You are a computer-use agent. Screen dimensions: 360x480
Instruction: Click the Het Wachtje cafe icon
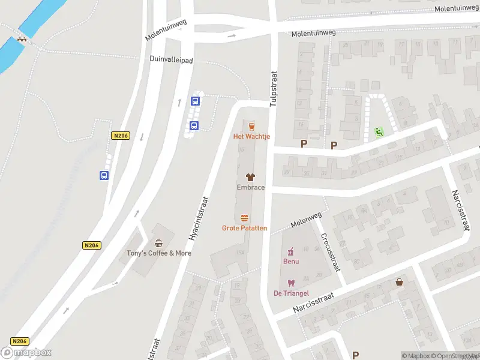pyautogui.click(x=251, y=126)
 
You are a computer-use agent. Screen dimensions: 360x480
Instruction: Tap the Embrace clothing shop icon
pyautogui.click(x=250, y=177)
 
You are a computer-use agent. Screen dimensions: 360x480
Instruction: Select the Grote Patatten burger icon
pyautogui.click(x=244, y=218)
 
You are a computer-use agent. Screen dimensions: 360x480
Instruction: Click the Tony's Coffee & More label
pyautogui.click(x=158, y=253)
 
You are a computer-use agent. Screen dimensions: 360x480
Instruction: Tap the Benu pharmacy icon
pyautogui.click(x=291, y=251)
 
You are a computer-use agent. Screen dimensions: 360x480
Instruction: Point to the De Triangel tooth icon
pyautogui.click(x=291, y=283)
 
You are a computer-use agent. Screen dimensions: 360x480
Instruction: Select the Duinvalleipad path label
pyautogui.click(x=172, y=59)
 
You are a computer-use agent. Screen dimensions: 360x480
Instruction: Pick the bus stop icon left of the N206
pyautogui.click(x=104, y=176)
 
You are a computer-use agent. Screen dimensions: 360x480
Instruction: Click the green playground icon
pyautogui.click(x=379, y=131)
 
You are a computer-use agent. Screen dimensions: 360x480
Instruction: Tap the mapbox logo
pyautogui.click(x=26, y=353)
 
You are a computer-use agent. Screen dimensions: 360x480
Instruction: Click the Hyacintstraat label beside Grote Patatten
pyautogui.click(x=199, y=219)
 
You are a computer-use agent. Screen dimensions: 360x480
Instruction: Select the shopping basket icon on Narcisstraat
pyautogui.click(x=400, y=281)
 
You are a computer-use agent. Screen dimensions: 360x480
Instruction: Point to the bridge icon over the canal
pyautogui.click(x=23, y=40)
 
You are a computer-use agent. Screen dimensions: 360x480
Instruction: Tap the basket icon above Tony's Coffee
pyautogui.click(x=158, y=243)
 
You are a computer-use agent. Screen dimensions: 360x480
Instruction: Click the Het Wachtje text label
pyautogui.click(x=251, y=137)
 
